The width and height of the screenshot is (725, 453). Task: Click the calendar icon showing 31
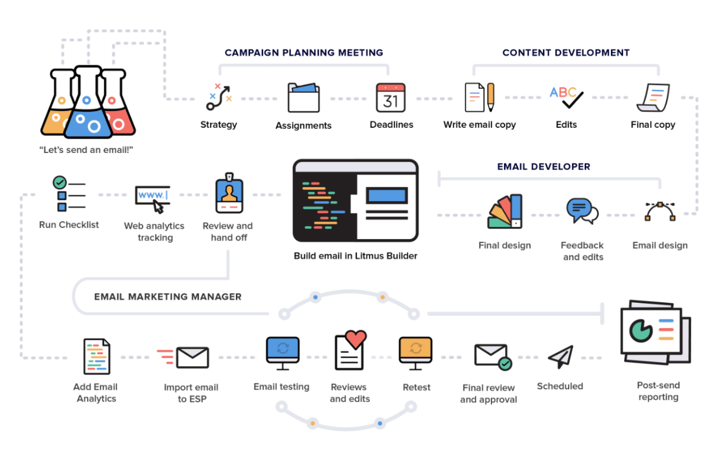390,98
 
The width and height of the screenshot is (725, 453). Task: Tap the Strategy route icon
219,97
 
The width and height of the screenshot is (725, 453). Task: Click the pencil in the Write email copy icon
490,96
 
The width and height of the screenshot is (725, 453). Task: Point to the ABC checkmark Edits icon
567,97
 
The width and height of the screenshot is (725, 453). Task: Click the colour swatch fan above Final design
505,211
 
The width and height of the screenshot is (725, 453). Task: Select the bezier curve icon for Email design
660,211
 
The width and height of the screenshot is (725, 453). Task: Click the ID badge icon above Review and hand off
229,195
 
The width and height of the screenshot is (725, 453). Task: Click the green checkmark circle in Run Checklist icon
59,182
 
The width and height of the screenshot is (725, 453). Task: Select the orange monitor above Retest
416,350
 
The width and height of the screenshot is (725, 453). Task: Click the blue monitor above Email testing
282,350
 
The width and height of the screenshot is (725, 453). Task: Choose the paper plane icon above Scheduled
560,356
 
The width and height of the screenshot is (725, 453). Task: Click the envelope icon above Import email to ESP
192,358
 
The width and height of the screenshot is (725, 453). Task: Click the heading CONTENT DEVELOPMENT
566,53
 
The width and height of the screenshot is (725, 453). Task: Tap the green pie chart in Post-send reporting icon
640,330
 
